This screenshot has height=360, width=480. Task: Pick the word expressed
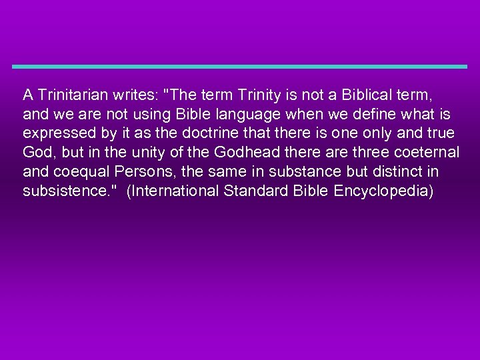point(55,133)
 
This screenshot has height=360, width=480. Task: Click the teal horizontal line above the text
point(240,67)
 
